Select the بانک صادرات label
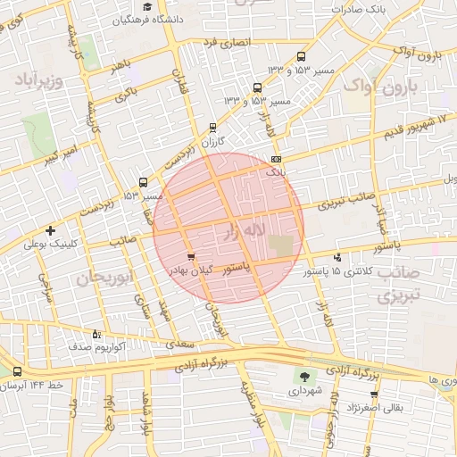[359, 8]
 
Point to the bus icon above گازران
[212, 127]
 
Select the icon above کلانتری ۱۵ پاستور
[337, 256]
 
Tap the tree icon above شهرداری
[305, 377]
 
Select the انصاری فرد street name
[227, 42]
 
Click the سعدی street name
[174, 343]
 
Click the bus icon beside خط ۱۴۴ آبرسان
[18, 371]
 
